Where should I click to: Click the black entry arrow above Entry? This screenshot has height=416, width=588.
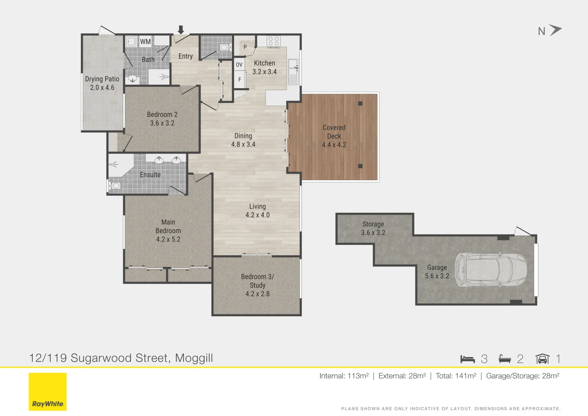pyautogui.click(x=181, y=30)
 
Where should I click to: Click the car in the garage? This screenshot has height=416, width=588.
pyautogui.click(x=491, y=270)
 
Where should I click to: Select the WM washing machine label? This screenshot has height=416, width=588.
pyautogui.click(x=145, y=42)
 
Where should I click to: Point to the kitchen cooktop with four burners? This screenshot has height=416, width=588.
pyautogui.click(x=273, y=41)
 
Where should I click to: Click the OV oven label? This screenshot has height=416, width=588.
pyautogui.click(x=239, y=65)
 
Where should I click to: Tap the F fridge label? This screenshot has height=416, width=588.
pyautogui.click(x=240, y=80)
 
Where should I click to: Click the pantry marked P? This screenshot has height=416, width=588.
pyautogui.click(x=245, y=47)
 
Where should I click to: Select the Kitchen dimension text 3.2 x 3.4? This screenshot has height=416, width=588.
pyautogui.click(x=265, y=72)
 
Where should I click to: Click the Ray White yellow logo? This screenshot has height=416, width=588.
pyautogui.click(x=48, y=391)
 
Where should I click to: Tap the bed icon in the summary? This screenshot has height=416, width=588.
pyautogui.click(x=467, y=359)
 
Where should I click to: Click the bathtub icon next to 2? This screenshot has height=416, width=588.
pyautogui.click(x=504, y=359)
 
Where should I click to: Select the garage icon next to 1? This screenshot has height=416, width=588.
pyautogui.click(x=542, y=359)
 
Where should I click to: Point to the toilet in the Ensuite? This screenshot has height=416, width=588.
pyautogui.click(x=115, y=186)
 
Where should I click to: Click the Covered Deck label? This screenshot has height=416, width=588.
pyautogui.click(x=334, y=132)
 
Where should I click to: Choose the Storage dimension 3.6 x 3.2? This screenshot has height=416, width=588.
pyautogui.click(x=373, y=233)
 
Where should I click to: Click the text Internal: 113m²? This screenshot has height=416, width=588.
pyautogui.click(x=344, y=376)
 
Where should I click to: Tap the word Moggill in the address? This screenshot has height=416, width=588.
pyautogui.click(x=194, y=358)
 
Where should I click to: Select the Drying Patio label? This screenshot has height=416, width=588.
pyautogui.click(x=102, y=79)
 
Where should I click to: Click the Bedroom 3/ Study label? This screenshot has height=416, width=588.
pyautogui.click(x=257, y=281)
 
